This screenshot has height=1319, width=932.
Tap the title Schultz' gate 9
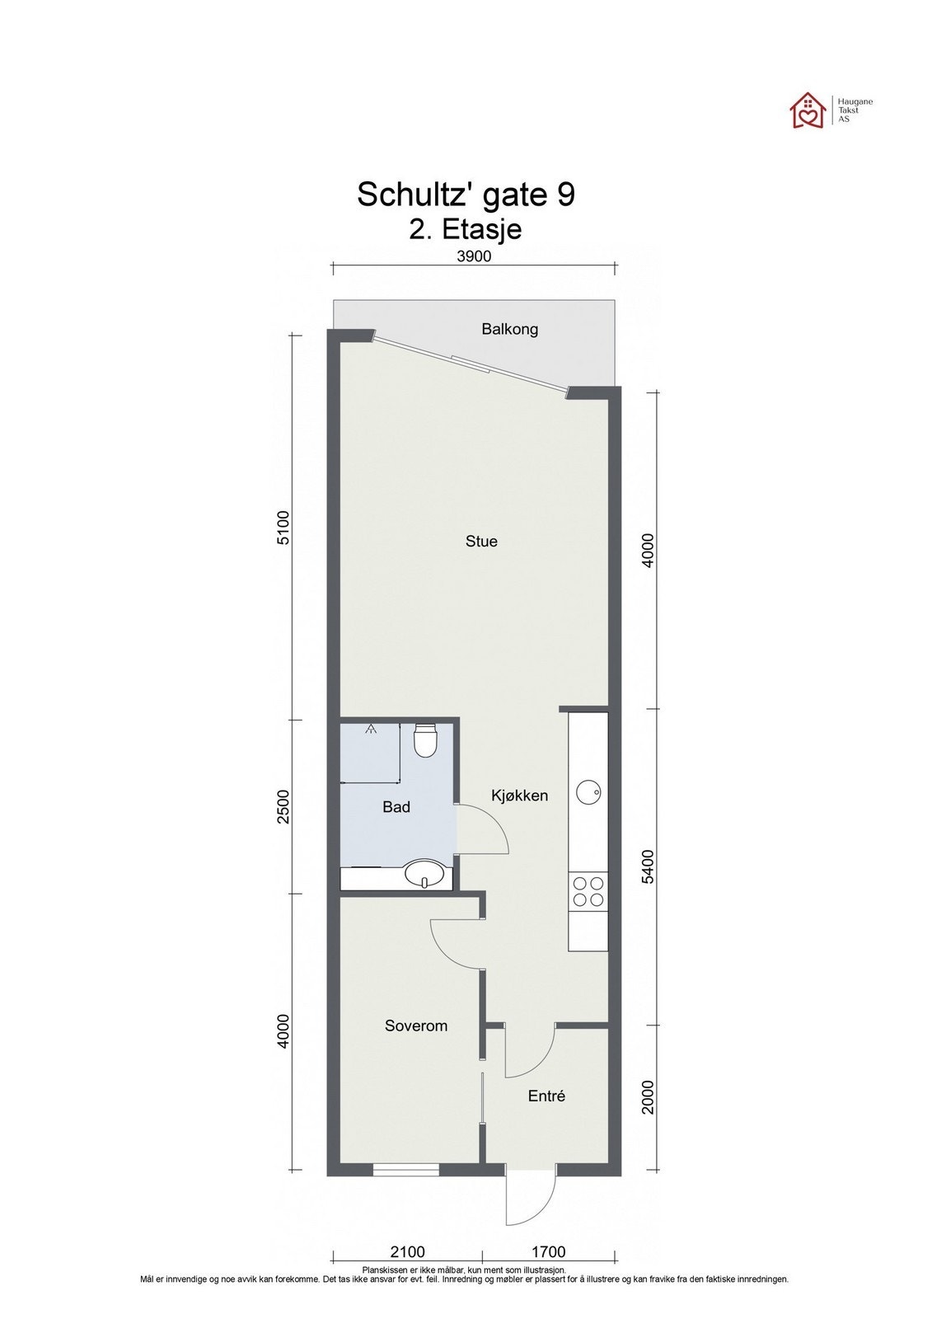[466, 195]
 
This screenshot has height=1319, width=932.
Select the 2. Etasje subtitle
[466, 228]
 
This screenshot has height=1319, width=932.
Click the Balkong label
[509, 329]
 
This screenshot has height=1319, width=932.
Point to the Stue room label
[481, 541]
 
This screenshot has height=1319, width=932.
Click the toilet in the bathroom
[424, 739]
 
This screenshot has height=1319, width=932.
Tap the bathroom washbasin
[425, 873]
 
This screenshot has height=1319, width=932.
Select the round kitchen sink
[588, 792]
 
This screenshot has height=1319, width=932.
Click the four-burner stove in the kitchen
[588, 890]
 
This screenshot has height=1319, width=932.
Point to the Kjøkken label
[519, 796]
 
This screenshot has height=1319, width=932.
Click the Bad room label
[396, 807]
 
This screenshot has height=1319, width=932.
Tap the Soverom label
[416, 1026]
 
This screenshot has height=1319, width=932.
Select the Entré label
[546, 1096]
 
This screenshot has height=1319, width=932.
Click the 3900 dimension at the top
[474, 256]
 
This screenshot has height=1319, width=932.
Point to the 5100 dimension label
[283, 528]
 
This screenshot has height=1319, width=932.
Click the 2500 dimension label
[283, 807]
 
